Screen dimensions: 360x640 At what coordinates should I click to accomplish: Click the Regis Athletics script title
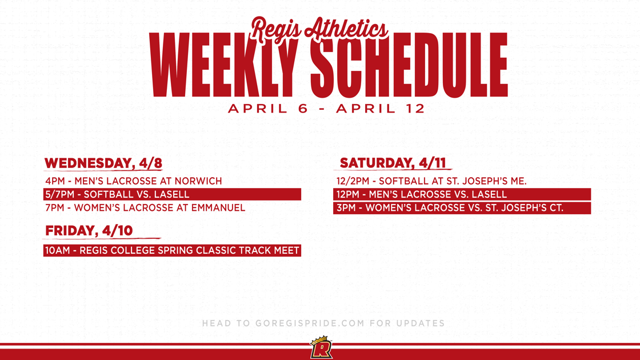(x=319, y=29)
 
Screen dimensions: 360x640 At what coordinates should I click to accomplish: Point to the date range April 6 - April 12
(x=327, y=109)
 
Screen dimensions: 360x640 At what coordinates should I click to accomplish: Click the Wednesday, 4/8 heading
(x=103, y=163)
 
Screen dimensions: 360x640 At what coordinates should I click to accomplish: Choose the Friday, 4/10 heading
(x=89, y=231)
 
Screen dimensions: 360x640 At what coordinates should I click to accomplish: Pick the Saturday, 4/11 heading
(x=393, y=163)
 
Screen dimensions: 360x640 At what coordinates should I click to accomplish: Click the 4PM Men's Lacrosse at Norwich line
(x=134, y=181)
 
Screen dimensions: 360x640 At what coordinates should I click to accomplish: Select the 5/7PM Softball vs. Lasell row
(x=171, y=194)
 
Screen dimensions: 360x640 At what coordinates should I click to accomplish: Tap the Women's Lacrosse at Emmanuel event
(x=145, y=208)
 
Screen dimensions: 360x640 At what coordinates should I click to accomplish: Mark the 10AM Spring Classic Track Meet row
(x=172, y=250)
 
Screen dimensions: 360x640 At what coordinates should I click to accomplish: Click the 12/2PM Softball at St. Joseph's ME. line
(x=431, y=181)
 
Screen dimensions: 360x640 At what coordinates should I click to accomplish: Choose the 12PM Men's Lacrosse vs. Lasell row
(x=462, y=194)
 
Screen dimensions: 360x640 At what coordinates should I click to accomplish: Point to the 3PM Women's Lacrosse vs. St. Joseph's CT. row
(x=462, y=208)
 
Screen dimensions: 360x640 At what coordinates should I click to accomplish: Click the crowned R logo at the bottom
(x=321, y=348)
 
